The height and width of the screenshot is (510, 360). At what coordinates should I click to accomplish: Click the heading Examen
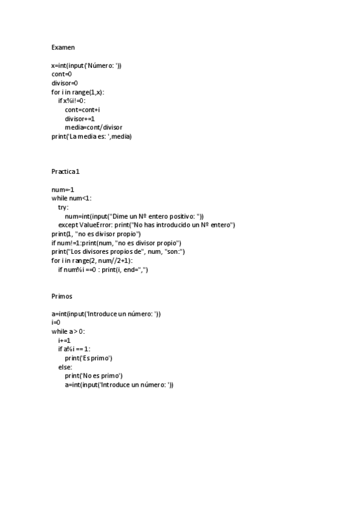pyautogui.click(x=63, y=47)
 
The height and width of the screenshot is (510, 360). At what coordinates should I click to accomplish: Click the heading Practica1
pyautogui.click(x=66, y=172)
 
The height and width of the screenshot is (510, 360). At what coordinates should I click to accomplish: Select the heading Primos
pyautogui.click(x=63, y=296)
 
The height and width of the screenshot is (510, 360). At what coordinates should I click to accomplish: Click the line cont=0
pyautogui.click(x=62, y=74)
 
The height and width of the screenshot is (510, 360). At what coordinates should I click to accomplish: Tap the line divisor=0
pyautogui.click(x=65, y=83)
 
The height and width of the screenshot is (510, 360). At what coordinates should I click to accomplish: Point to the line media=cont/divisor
pyautogui.click(x=94, y=127)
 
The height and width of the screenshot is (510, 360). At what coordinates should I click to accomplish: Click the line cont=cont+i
pyautogui.click(x=82, y=110)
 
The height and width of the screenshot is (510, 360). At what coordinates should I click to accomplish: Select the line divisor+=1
pyautogui.click(x=80, y=118)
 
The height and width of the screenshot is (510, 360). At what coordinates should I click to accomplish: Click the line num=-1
pyautogui.click(x=63, y=189)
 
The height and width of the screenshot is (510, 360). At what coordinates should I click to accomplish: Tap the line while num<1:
pyautogui.click(x=72, y=198)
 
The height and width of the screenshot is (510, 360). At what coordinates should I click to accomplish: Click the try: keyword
pyautogui.click(x=63, y=207)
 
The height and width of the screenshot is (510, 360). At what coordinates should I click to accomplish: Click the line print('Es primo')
pyautogui.click(x=88, y=358)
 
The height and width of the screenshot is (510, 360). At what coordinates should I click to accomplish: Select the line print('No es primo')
pyautogui.click(x=94, y=376)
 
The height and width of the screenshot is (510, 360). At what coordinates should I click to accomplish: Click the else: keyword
pyautogui.click(x=65, y=367)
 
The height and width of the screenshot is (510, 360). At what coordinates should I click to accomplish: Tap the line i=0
pyautogui.click(x=56, y=323)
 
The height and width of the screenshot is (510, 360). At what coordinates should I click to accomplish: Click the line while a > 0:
pyautogui.click(x=69, y=331)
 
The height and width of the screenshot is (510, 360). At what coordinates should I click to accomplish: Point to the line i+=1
pyautogui.click(x=64, y=340)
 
